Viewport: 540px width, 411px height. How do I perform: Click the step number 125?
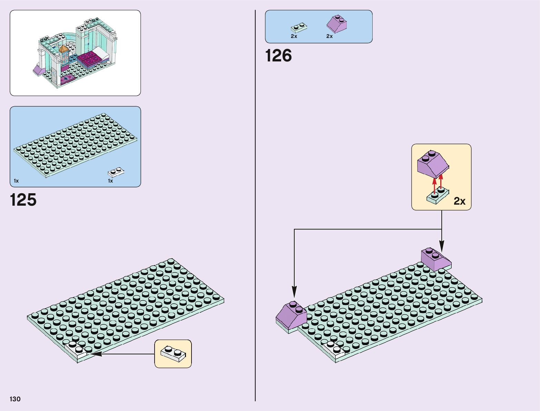pyautogui.click(x=23, y=200)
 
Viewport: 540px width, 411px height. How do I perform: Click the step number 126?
pyautogui.click(x=278, y=56)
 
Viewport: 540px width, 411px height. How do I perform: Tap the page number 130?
pyautogui.click(x=15, y=399)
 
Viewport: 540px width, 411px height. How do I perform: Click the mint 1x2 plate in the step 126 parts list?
pyautogui.click(x=299, y=28)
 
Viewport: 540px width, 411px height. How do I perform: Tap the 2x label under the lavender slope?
pyautogui.click(x=330, y=36)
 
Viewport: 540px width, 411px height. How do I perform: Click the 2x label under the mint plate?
pyautogui.click(x=294, y=36)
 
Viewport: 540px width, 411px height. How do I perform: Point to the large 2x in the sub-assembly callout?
pyautogui.click(x=460, y=201)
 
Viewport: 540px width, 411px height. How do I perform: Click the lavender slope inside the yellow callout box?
pyautogui.click(x=433, y=163)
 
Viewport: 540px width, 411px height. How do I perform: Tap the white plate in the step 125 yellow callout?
pyautogui.click(x=173, y=354)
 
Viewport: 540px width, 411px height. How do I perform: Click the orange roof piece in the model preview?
pyautogui.click(x=63, y=50)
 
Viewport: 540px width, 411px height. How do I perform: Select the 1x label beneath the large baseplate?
pyautogui.click(x=16, y=181)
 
